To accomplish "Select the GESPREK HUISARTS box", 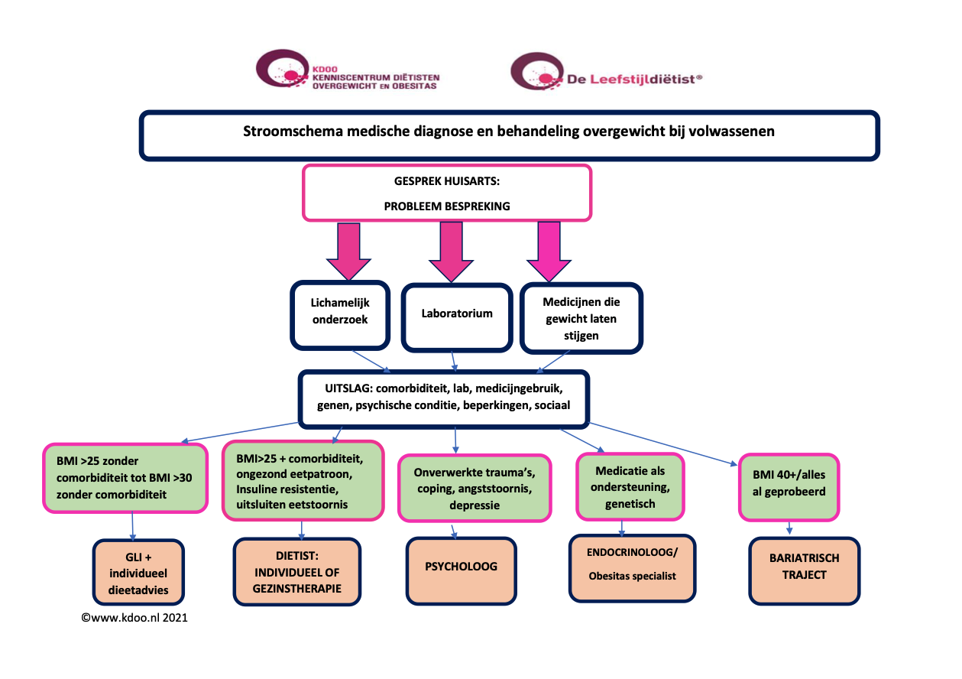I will tap(447, 193).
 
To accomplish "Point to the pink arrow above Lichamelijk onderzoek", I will tap(348, 249).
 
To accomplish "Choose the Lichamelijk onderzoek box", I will tap(340, 313).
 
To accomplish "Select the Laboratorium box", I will tap(456, 314).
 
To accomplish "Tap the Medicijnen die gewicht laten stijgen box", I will tap(581, 318).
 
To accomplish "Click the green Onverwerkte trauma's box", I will tap(474, 488).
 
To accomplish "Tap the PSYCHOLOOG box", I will tap(461, 567).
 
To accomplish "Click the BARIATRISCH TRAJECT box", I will tap(804, 567).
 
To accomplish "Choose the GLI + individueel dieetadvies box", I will tap(138, 573).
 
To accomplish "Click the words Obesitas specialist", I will tap(632, 576).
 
